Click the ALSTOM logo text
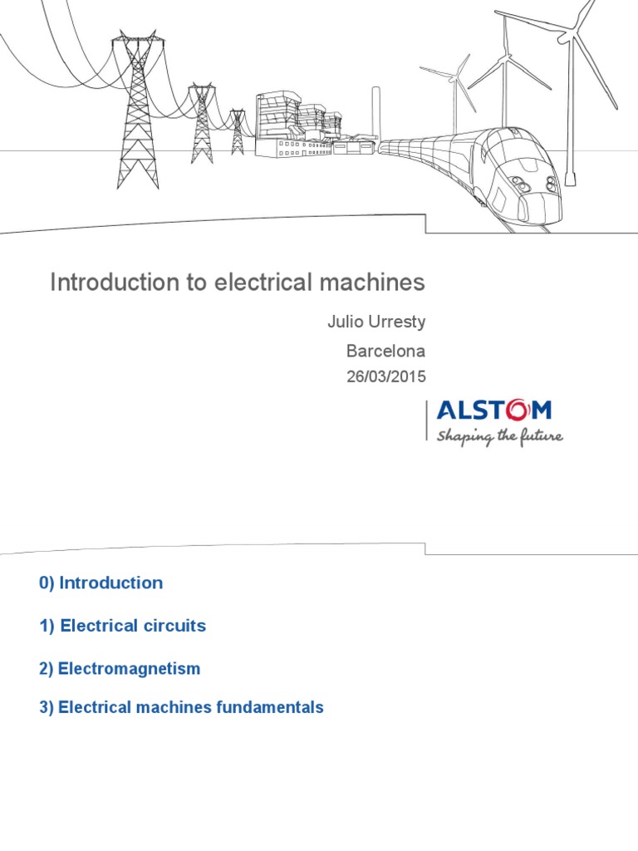click(493, 411)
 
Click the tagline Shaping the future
click(499, 435)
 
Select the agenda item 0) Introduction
click(101, 583)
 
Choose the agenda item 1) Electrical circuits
click(122, 626)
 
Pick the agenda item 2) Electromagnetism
click(120, 668)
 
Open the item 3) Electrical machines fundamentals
click(181, 708)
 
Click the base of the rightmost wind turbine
click(570, 176)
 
